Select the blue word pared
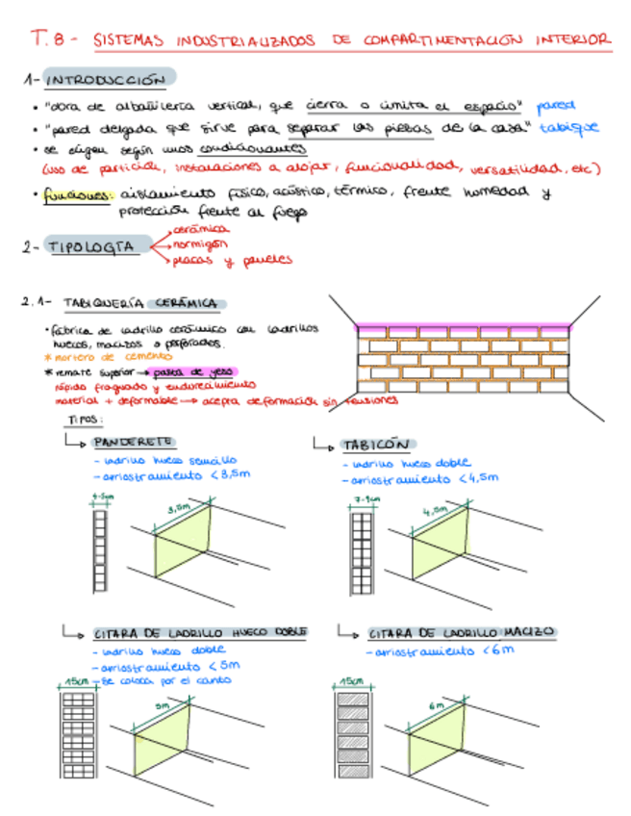(558, 104)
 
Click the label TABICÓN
(376, 446)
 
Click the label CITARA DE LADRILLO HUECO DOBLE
(200, 633)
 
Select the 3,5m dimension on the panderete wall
(179, 507)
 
